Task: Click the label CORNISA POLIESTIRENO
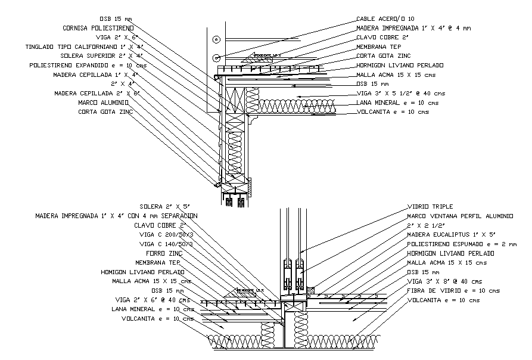pyautogui.click(x=98, y=28)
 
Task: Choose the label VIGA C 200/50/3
pyautogui.click(x=166, y=235)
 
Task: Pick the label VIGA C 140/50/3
pyautogui.click(x=166, y=244)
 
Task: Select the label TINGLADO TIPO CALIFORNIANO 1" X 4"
pyautogui.click(x=83, y=46)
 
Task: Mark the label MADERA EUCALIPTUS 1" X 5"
pyautogui.click(x=450, y=235)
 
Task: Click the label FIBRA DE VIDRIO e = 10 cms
pyautogui.click(x=453, y=290)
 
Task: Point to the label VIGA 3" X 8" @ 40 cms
pyautogui.click(x=444, y=281)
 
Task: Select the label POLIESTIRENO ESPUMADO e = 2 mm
pyautogui.click(x=461, y=244)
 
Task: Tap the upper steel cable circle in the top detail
pyautogui.click(x=216, y=39)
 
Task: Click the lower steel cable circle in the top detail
pyautogui.click(x=216, y=58)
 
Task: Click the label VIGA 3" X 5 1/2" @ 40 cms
pyautogui.click(x=400, y=93)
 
